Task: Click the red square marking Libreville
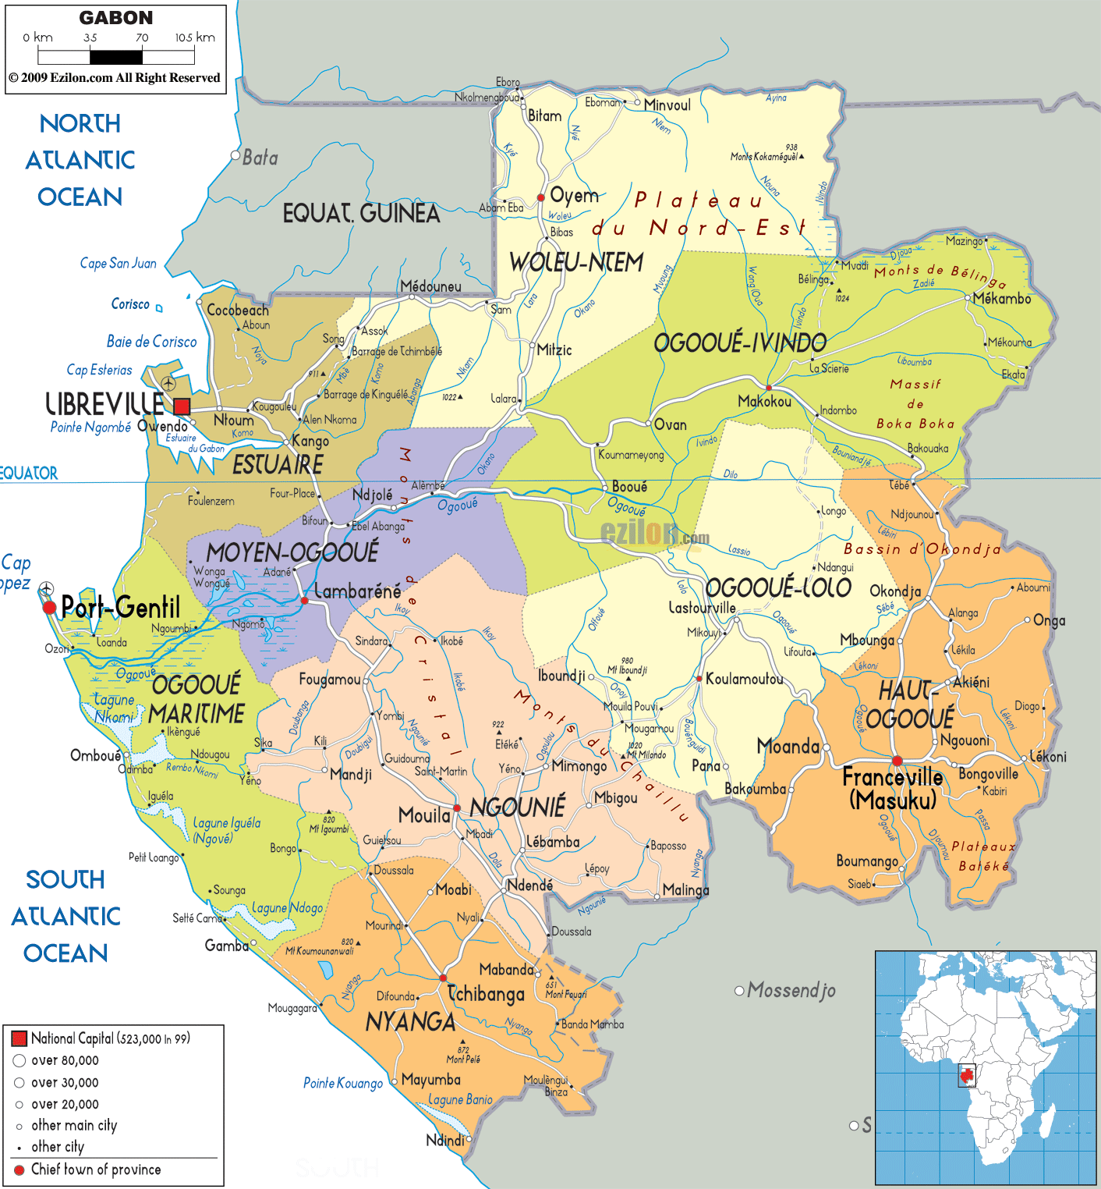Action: click(182, 406)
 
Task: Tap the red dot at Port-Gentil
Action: click(49, 607)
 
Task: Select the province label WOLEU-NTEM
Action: click(576, 263)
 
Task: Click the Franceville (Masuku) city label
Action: click(893, 788)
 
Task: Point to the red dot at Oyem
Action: click(541, 197)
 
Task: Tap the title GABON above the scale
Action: click(116, 18)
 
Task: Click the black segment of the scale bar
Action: click(116, 57)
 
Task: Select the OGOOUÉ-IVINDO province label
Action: click(739, 343)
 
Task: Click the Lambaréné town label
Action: click(357, 591)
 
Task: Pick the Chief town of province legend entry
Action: click(96, 1169)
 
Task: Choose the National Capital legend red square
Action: click(19, 1038)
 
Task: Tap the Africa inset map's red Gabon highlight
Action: click(967, 1076)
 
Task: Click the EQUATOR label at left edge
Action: click(29, 473)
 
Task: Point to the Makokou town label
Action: click(764, 401)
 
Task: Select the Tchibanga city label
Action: click(487, 994)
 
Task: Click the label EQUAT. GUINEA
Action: click(361, 213)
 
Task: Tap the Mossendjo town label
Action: click(791, 991)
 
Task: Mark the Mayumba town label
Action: click(430, 1080)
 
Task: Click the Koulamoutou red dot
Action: click(699, 679)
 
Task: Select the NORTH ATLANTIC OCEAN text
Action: click(80, 160)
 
